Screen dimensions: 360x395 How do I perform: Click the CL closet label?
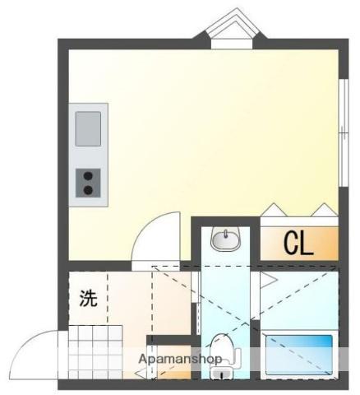tap(298, 244)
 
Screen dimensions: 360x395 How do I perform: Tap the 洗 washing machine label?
tap(88, 298)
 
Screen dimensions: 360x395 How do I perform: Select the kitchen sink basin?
tap(88, 128)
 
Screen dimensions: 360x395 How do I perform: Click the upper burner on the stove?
tap(88, 176)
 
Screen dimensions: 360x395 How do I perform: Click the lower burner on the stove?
tap(88, 190)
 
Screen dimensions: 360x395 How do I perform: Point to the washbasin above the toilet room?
tap(226, 239)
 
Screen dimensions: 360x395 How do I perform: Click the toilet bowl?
tap(222, 346)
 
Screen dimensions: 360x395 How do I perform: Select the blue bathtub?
tap(299, 355)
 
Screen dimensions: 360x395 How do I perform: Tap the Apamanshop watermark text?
tap(180, 359)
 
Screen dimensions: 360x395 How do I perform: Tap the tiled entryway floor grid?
tap(95, 352)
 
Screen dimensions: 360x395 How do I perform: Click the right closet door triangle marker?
tap(325, 210)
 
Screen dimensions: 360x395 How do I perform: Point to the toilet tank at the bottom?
tap(222, 373)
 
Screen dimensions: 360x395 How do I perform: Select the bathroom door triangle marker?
tap(269, 280)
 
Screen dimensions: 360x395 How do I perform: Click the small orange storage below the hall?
tap(173, 361)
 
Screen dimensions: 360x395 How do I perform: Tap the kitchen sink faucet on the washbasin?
tap(226, 234)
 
